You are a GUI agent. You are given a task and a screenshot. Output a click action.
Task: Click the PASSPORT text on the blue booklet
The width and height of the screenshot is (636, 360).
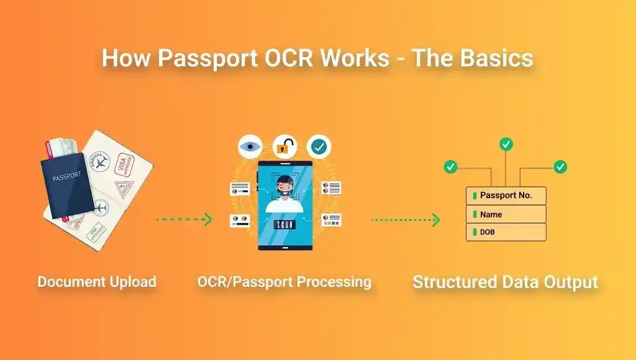click(x=66, y=176)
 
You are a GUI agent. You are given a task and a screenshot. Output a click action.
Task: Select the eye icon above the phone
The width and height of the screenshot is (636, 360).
click(x=250, y=147)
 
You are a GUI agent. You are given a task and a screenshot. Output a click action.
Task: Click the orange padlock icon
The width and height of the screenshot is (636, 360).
click(x=284, y=147)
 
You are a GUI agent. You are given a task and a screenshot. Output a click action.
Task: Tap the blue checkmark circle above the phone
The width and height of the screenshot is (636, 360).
click(x=319, y=147)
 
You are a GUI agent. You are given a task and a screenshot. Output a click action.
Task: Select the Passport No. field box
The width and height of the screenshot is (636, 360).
click(x=506, y=196)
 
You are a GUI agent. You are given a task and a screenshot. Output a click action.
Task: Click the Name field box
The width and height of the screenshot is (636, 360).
click(x=506, y=214)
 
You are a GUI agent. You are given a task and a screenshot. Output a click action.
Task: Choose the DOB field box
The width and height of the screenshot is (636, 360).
click(x=506, y=232)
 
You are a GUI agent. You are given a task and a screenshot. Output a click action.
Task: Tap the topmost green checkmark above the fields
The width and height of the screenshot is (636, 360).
click(x=506, y=145)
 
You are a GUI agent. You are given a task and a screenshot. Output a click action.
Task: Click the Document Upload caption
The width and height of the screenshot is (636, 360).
click(x=97, y=282)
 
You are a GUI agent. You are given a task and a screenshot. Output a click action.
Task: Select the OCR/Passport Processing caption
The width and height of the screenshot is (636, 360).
click(x=284, y=282)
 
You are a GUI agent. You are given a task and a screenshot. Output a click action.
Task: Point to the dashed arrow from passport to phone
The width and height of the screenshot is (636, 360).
click(x=184, y=219)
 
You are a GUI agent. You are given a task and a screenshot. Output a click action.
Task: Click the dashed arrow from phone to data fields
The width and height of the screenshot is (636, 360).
click(x=406, y=219)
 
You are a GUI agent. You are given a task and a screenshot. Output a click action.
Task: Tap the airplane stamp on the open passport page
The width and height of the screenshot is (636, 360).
click(x=117, y=163)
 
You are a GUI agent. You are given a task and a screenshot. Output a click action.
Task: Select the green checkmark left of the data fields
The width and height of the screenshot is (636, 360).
click(x=451, y=166)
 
